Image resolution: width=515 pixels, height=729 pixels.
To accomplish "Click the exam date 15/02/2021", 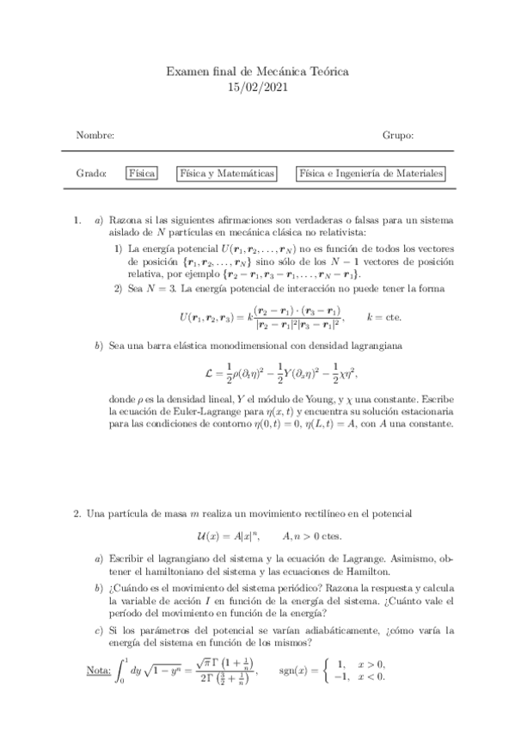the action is [257, 87].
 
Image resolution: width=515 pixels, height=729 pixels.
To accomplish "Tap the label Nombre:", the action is [95, 136].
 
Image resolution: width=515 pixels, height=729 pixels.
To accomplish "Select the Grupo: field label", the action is [398, 136].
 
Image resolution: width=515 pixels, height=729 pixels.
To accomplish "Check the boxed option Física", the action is [142, 174].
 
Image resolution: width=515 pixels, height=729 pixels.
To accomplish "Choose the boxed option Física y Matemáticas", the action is [227, 174].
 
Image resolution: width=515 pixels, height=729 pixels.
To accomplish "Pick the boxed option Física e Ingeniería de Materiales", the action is [371, 174].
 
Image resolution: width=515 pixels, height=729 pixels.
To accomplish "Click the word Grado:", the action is [91, 174].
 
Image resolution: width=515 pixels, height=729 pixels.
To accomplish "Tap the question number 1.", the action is [78, 220].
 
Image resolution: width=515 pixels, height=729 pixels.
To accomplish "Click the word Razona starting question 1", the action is [124, 220].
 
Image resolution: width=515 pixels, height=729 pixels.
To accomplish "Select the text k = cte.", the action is [384, 316].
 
